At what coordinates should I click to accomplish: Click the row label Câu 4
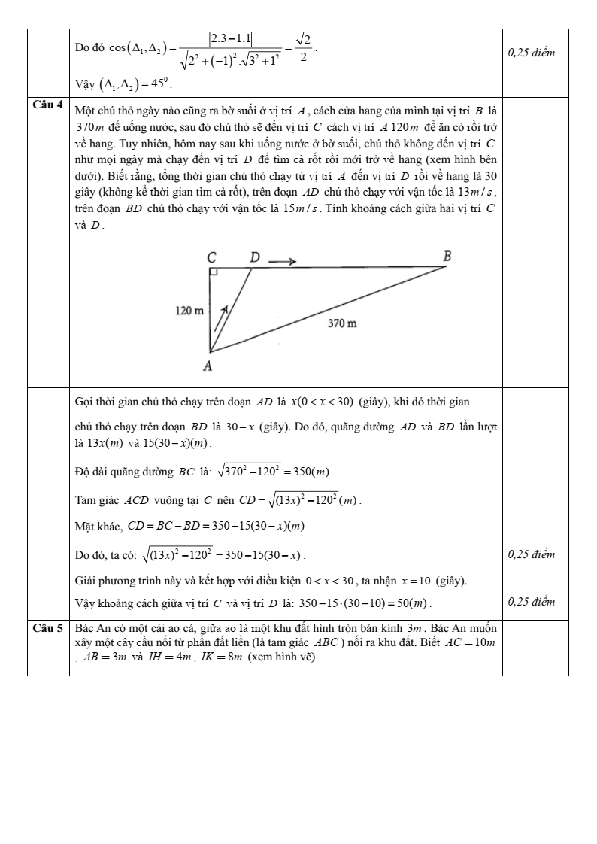(48, 101)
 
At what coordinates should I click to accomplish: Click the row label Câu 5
(48, 627)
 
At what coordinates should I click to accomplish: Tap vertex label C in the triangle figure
(212, 257)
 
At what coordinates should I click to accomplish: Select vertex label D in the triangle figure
(255, 257)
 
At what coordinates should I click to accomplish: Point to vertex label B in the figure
(447, 257)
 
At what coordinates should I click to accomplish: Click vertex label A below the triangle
(208, 366)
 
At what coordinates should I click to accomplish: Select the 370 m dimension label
(342, 323)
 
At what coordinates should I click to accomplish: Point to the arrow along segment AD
(222, 317)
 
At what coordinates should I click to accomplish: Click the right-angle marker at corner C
(214, 272)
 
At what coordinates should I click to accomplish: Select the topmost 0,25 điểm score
(532, 53)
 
